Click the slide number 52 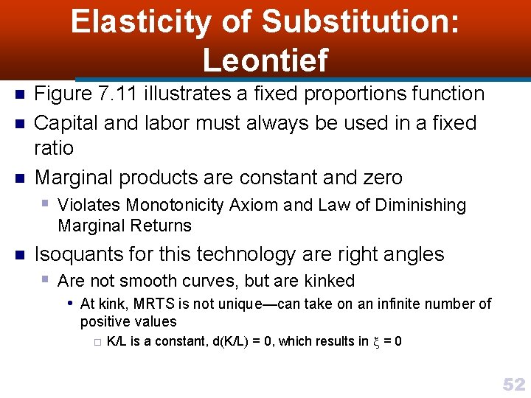point(513,384)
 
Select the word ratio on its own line point(55,147)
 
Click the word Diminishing point(420,206)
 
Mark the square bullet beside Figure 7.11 point(20,94)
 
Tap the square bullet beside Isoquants point(20,255)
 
